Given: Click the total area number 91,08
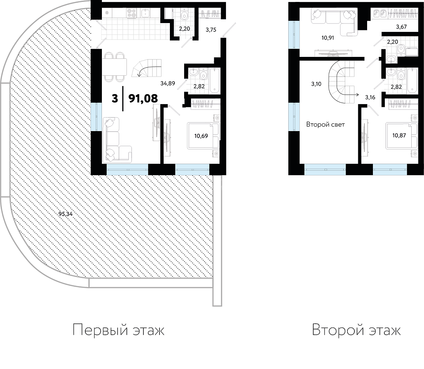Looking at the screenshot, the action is [143, 99].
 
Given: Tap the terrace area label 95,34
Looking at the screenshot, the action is [65, 214].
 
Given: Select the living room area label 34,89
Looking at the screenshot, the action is [168, 83].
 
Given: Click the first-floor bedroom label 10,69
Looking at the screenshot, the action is [201, 136].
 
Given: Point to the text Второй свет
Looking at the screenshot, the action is [325, 125].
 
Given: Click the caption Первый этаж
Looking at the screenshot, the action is [118, 330].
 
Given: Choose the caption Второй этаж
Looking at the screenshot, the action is [356, 330].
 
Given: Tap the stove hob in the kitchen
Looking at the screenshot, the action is [131, 13].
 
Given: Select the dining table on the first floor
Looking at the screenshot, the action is [115, 67].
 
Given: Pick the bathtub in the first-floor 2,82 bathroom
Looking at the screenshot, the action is [215, 81].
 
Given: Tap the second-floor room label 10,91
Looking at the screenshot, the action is [328, 38].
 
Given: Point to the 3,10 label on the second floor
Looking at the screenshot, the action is [316, 84].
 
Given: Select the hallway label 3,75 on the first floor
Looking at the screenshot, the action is [211, 30].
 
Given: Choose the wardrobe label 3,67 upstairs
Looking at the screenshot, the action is [401, 27].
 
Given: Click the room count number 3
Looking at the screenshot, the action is [115, 99].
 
